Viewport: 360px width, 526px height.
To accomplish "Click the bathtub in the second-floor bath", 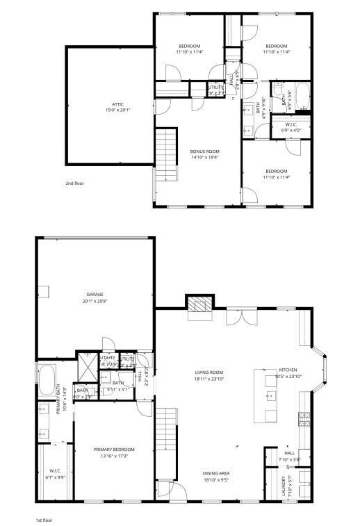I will pyautogui.click(x=302, y=97).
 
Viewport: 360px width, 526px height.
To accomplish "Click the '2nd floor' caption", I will pyautogui.click(x=74, y=183).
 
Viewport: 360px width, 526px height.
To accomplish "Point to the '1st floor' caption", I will pyautogui.click(x=44, y=519).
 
